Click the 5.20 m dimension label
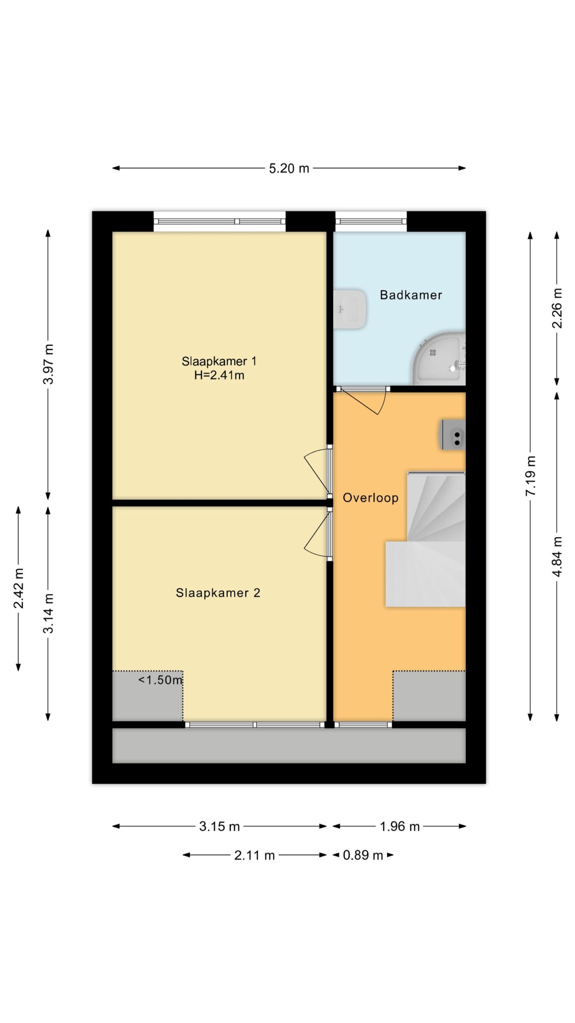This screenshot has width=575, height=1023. click(x=289, y=168)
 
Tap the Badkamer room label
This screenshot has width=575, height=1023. click(x=411, y=295)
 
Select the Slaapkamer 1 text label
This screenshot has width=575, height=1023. click(x=219, y=361)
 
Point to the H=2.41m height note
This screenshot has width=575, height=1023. click(x=219, y=375)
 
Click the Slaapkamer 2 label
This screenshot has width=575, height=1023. click(x=218, y=593)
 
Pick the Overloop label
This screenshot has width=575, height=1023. click(x=371, y=498)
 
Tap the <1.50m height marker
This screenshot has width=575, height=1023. click(x=161, y=680)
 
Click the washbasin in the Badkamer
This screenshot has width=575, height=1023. click(x=350, y=309)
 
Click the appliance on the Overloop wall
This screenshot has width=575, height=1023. click(x=452, y=435)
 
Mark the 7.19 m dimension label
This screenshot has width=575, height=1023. click(x=530, y=476)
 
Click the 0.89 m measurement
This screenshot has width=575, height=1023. click(x=363, y=855)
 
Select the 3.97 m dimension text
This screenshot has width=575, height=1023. click(x=48, y=364)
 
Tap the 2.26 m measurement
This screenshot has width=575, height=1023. click(x=557, y=308)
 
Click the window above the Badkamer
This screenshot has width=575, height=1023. click(x=371, y=221)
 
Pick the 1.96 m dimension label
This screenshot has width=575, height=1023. click(x=400, y=826)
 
